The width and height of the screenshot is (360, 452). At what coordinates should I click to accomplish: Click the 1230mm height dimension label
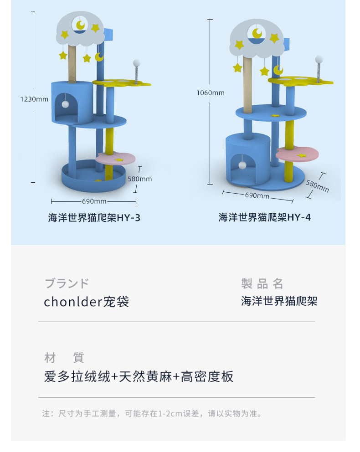[x=34, y=99]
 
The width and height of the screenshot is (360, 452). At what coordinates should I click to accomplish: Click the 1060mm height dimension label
[x=211, y=93]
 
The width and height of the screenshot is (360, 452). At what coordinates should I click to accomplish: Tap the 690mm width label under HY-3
[x=94, y=201]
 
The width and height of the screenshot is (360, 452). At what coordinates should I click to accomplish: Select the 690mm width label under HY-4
[x=257, y=196]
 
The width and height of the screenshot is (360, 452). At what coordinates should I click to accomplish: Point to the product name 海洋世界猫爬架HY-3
[x=94, y=218]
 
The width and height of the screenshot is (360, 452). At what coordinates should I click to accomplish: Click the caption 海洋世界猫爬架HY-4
[x=265, y=217]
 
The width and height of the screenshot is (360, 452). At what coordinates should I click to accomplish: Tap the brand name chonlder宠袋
[x=87, y=302]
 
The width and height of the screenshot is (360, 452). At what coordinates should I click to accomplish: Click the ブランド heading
[x=67, y=283]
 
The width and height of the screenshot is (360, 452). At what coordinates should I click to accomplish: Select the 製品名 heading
[x=262, y=284]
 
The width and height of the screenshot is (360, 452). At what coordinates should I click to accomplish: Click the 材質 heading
[x=64, y=358]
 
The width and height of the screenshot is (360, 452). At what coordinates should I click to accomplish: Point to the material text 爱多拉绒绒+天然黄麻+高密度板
[x=139, y=377]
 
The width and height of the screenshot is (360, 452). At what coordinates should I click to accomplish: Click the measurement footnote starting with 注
[x=152, y=414]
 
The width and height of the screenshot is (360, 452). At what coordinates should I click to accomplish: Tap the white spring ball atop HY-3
[x=136, y=63]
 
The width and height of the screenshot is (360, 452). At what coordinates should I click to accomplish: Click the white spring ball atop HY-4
[x=319, y=59]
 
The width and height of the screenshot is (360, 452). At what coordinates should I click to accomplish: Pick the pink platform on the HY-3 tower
[x=116, y=159]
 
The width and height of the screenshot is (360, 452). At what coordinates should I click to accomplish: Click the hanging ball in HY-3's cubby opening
[x=67, y=104]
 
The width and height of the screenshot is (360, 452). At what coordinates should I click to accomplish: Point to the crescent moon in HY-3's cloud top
[x=81, y=25]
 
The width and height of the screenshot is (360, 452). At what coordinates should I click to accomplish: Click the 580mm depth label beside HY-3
[x=140, y=179]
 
